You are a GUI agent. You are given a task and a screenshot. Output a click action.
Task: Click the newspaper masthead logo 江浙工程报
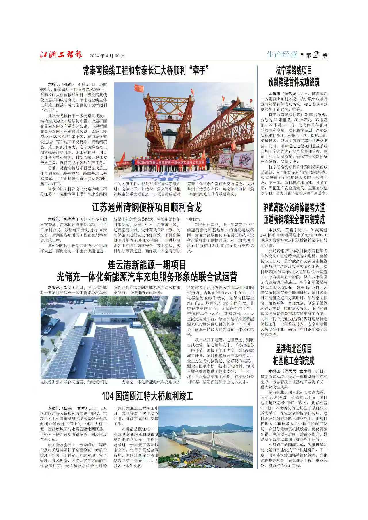pyautogui.click(x=61, y=55)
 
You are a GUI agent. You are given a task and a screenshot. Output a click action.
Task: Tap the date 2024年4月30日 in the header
pyautogui.click(x=107, y=56)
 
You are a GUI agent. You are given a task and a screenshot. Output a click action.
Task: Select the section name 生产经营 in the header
pyautogui.click(x=281, y=54)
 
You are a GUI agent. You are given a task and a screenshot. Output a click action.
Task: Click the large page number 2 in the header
pyautogui.click(x=316, y=55)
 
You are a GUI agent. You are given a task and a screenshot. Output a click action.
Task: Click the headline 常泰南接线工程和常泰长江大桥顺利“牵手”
pyautogui.click(x=145, y=70)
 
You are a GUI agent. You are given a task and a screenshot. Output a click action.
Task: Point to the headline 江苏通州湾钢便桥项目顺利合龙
pyautogui.click(x=147, y=207)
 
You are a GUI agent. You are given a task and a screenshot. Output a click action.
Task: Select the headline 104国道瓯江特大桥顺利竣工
pyautogui.click(x=147, y=396)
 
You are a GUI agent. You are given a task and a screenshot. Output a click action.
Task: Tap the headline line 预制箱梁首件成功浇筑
pyautogui.click(x=294, y=82)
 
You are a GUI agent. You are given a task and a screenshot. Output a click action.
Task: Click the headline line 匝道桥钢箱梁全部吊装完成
pyautogui.click(x=294, y=220)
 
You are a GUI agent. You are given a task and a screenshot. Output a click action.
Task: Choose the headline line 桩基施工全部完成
pyautogui.click(x=294, y=360)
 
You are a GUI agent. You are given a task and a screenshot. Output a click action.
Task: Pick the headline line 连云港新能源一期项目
pyautogui.click(x=147, y=264)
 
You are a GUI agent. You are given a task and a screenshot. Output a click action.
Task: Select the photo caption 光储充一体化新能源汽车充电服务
pyautogui.click(x=151, y=382)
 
